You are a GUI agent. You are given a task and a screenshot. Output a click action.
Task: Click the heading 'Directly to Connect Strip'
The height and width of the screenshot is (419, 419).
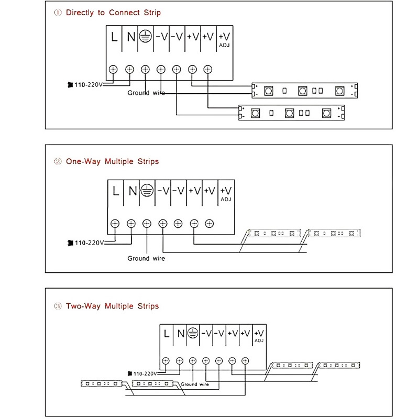113,13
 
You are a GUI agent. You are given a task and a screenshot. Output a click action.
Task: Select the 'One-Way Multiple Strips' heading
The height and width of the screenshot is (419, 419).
112,161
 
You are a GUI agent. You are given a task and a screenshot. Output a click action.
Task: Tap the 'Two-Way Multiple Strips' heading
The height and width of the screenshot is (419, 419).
112,306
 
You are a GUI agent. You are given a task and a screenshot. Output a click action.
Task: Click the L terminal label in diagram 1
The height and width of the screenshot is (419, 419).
114,37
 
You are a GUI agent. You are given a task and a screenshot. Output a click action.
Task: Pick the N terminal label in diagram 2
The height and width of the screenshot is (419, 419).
133,191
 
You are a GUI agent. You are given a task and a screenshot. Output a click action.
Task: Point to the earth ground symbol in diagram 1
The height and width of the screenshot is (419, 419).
146,37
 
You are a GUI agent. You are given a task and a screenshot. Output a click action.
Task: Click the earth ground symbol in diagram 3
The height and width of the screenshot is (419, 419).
193,333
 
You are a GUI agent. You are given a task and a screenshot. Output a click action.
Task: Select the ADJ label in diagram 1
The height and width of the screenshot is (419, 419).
224,45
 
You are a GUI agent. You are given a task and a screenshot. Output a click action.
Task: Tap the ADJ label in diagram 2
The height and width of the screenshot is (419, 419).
226,200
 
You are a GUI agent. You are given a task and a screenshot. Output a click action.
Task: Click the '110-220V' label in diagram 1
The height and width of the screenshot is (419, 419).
89,85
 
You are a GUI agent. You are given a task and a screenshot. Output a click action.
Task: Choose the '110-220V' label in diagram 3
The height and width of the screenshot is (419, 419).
145,373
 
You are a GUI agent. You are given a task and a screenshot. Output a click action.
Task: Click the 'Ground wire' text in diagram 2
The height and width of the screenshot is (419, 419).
146,258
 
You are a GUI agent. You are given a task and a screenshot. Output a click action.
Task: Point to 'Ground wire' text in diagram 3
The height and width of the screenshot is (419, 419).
195,384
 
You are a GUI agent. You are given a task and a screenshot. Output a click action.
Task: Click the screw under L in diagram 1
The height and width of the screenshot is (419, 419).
113,70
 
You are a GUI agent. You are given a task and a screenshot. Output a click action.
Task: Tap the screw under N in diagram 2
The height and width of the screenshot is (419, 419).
131,224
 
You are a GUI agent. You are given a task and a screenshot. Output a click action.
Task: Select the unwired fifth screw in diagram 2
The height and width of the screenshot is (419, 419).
178,224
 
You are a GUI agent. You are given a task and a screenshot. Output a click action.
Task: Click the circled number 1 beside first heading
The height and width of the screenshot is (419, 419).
58,13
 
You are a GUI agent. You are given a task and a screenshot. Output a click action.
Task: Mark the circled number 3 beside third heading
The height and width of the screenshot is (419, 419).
58,306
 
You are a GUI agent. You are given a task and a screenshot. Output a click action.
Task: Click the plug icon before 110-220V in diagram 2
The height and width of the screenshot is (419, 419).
70,243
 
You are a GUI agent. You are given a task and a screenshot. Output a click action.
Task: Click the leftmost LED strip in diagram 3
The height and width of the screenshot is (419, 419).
102,384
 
